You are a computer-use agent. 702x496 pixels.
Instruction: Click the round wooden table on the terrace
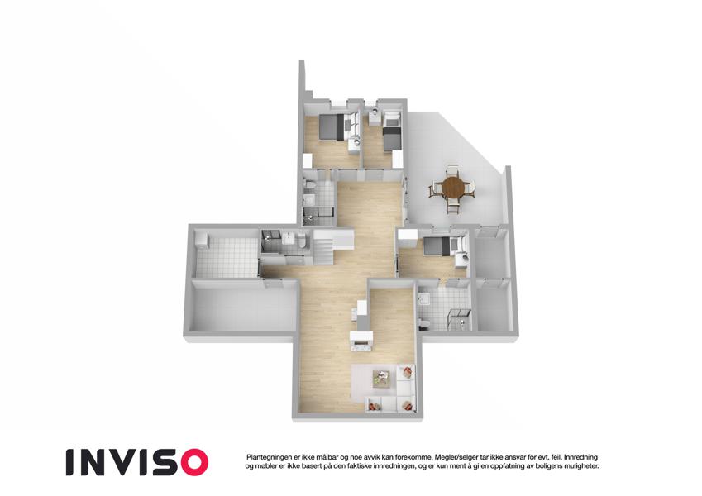pos(453,188)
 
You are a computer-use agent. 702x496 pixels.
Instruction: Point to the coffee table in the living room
pos(381,377)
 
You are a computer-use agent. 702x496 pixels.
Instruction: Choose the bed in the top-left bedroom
pos(332,126)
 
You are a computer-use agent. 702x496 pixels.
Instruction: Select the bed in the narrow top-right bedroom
pos(392,138)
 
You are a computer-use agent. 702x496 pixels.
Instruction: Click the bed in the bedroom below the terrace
pos(437,246)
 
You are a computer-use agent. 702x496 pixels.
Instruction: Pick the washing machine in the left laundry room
pos(202,239)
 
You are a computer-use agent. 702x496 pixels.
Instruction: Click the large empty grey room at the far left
pos(244,308)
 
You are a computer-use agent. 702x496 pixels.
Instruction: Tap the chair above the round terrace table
pos(453,170)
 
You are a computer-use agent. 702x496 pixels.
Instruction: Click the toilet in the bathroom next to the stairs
pos(301,241)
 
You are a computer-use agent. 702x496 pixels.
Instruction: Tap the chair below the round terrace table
pos(453,206)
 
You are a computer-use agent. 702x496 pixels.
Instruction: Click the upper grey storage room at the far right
pos(493,256)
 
